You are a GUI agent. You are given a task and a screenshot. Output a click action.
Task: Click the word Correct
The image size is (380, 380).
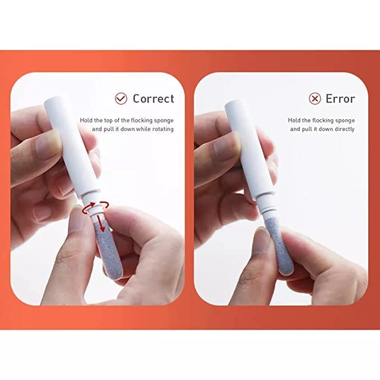153,98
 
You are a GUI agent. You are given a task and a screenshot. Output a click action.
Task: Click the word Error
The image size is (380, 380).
340,98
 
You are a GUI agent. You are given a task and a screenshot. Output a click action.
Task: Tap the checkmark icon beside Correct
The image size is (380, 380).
120,98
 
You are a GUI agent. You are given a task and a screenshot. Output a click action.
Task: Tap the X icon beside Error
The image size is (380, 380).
315,98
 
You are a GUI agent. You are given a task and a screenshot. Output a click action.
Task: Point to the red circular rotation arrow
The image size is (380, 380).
91,208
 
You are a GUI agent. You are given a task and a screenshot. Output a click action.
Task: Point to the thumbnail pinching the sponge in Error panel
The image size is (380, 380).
260,241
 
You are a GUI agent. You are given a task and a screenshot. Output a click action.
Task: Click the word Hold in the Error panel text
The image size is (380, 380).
294,120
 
